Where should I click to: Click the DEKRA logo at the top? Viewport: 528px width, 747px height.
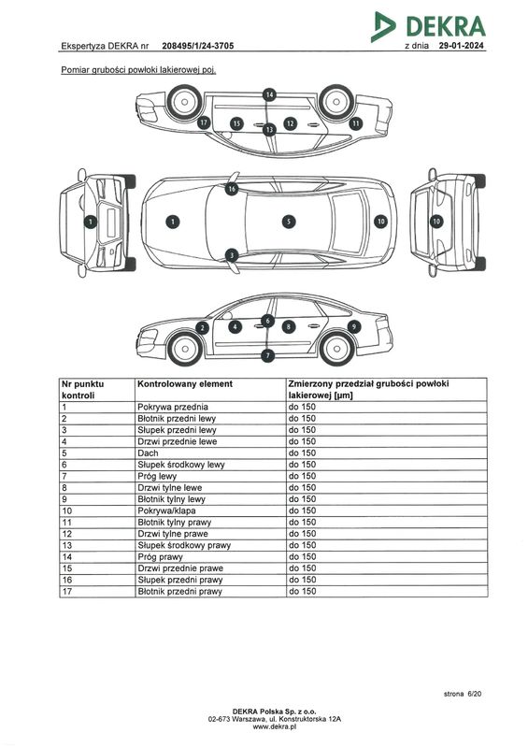coord(428,26)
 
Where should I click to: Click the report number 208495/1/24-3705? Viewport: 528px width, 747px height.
coord(197,46)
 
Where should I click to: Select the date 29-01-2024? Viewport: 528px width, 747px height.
coord(462,46)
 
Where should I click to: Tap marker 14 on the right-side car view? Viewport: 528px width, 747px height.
coord(269,94)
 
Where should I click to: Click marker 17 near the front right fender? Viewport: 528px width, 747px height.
coord(204,122)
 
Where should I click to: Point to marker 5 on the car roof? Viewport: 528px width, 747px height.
coord(289,222)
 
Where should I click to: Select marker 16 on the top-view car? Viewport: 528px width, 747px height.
coord(232,189)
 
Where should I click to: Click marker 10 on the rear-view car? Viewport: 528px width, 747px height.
coord(436,221)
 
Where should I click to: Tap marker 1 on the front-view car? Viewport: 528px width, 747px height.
coord(90,222)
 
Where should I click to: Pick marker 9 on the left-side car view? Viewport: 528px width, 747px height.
coord(354,326)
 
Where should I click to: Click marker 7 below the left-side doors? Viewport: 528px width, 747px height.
coord(268,355)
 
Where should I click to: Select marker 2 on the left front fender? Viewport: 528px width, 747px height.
coord(203,328)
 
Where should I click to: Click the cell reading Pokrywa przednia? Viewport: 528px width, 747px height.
coord(173,407)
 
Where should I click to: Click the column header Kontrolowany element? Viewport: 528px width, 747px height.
coord(185,384)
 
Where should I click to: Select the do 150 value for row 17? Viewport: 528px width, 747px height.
coord(303,591)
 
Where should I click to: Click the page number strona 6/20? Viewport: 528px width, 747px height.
coord(463,694)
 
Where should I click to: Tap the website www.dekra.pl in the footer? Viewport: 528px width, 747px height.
coord(275,727)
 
